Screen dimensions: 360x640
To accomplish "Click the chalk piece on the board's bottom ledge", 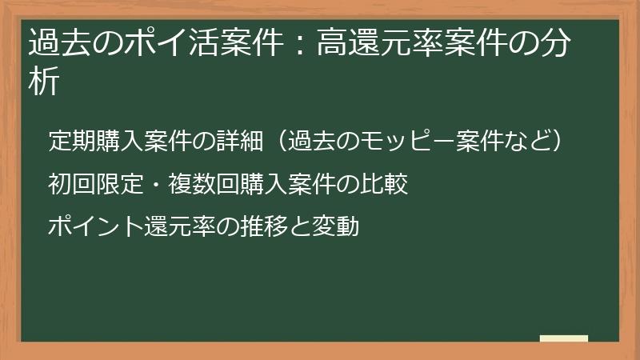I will [563, 338].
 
